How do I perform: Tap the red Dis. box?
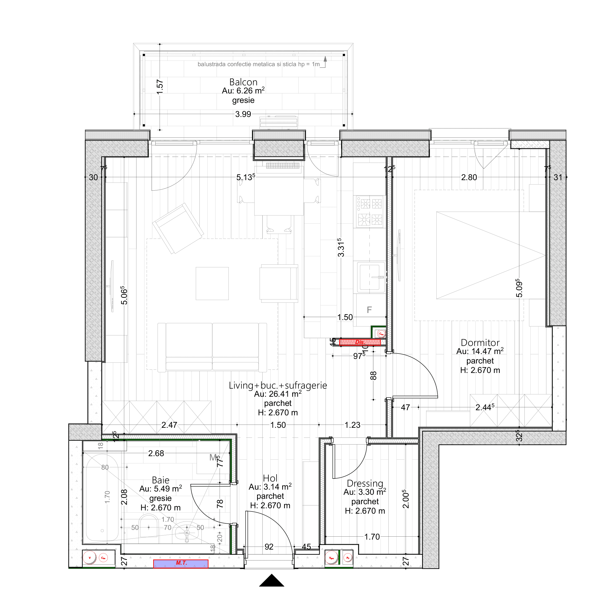[x=360, y=342]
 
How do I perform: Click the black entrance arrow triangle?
[x=271, y=581]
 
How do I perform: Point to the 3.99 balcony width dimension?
[x=243, y=114]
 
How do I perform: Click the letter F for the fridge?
[x=369, y=310]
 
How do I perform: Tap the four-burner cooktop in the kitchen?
[x=370, y=211]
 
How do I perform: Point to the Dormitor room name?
[x=480, y=343]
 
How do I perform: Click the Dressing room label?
[x=365, y=484]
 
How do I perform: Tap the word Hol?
[x=270, y=478]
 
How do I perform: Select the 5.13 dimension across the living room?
[x=245, y=177]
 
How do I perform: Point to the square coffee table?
[x=212, y=284]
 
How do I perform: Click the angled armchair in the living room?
[x=178, y=228]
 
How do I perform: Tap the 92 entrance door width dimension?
[x=269, y=547]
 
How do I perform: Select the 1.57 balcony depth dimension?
[x=160, y=87]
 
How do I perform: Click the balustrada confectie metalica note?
[x=258, y=64]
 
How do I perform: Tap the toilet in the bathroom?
[x=149, y=527]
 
